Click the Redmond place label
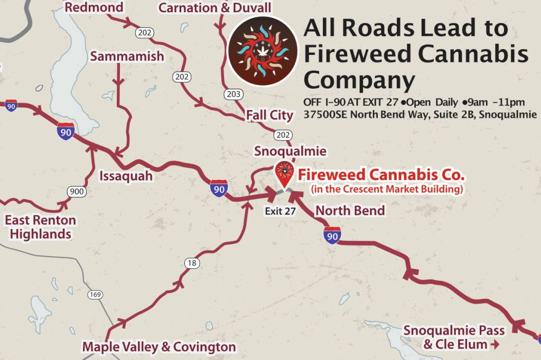(94, 7)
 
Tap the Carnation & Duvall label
(214, 7)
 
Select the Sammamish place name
(127, 56)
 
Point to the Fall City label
(269, 115)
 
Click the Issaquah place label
(126, 176)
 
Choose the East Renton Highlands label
(41, 227)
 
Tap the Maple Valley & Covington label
(159, 347)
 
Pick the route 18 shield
(192, 263)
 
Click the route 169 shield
(96, 295)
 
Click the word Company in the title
(359, 80)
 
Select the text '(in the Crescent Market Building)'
(387, 188)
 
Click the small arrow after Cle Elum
(495, 345)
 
